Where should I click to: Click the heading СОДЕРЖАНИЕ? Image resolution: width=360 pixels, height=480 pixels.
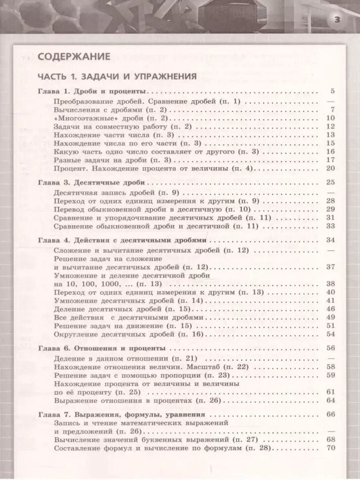tap(74, 56)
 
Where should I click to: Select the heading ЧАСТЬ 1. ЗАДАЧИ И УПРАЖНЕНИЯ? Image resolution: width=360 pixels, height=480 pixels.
tap(117, 77)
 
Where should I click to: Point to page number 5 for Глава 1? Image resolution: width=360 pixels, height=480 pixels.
tap(332, 92)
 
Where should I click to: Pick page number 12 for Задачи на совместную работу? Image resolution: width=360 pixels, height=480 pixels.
tap(331, 126)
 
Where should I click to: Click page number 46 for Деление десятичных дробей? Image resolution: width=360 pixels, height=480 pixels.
tap(331, 309)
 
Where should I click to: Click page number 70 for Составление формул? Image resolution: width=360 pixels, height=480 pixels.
tap(331, 448)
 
